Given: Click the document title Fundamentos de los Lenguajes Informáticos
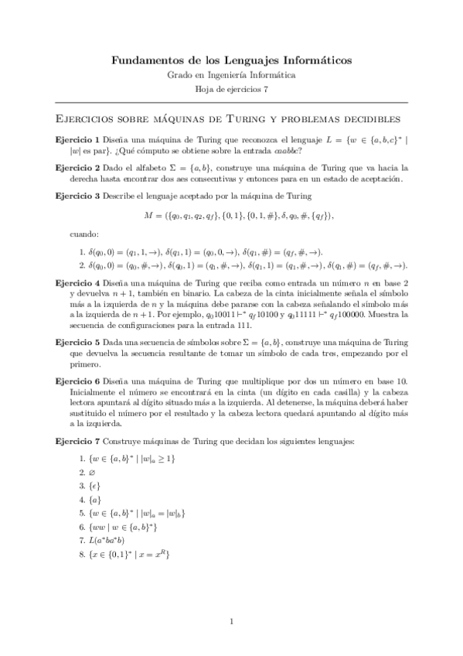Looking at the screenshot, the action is [231, 59].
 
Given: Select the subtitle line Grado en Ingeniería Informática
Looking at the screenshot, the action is [231, 75].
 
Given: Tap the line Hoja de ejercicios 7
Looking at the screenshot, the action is [231, 90].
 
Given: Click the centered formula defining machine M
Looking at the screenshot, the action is [231, 214].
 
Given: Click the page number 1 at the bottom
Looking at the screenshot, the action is [231, 620].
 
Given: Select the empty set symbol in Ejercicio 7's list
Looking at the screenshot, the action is [93, 471].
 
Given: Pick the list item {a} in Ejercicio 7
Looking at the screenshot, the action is [96, 498].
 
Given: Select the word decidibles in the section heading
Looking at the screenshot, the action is [366, 119].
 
